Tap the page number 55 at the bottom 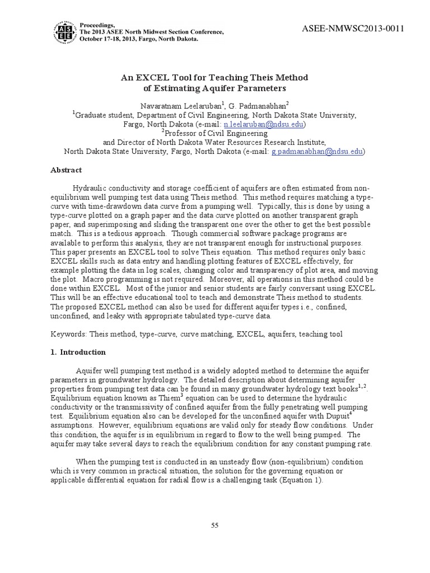214,524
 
